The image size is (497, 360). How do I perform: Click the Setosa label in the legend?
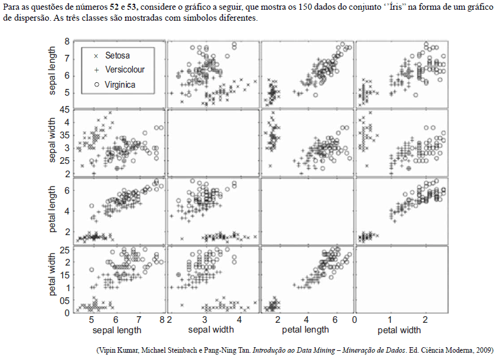118,55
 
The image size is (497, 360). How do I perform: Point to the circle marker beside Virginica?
96,85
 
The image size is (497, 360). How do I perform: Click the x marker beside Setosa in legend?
96,55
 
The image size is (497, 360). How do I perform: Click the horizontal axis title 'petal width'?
399,330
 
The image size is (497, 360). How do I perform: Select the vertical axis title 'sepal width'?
53,141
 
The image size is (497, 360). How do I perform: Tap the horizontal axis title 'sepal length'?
117,330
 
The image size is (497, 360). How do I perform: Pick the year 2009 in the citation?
484,350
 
